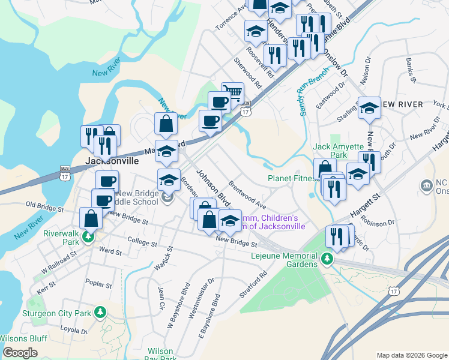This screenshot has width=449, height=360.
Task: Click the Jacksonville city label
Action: click(112, 161)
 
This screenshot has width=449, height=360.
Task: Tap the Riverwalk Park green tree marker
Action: click(88, 238)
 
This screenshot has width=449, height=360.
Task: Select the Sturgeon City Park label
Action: click(56, 313)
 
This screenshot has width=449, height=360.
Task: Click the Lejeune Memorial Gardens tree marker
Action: click(327, 259)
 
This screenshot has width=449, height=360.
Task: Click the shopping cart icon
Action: click(233, 92)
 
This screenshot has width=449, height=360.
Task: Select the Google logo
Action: click(20, 353)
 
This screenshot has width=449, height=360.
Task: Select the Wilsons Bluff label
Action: click(23, 338)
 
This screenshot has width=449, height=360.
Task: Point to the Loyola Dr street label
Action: click(74, 329)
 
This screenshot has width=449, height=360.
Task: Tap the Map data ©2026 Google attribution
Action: click(412, 355)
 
